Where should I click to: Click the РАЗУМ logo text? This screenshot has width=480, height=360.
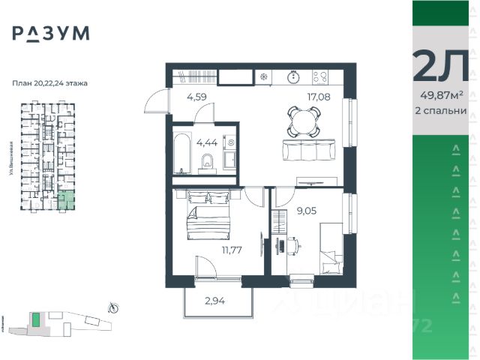click(x=51, y=34)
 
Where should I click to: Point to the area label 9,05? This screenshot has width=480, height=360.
click(x=306, y=211)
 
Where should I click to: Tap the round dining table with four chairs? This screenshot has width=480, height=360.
click(x=304, y=119)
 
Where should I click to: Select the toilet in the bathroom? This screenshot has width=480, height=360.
click(x=208, y=162)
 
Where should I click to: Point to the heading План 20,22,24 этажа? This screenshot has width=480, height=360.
click(x=51, y=83)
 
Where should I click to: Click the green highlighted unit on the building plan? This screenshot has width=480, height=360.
click(x=67, y=200)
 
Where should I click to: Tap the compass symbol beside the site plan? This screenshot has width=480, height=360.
click(x=113, y=306)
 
